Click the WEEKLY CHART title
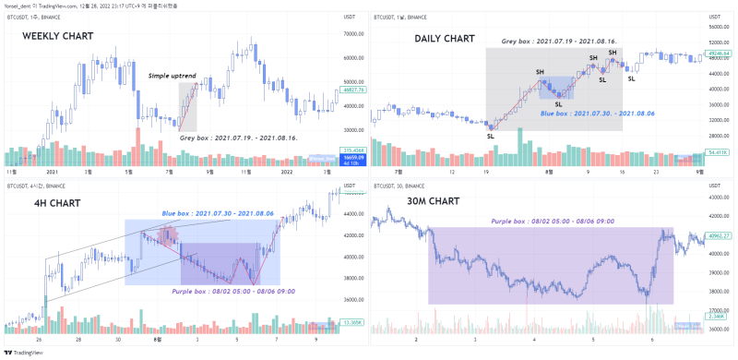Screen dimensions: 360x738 (x=58, y=35)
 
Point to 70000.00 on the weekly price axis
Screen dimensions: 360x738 (x=350, y=34)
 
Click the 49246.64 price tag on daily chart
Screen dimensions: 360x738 (x=717, y=54)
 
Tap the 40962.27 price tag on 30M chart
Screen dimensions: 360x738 (x=717, y=236)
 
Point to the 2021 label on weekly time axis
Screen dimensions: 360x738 (x=52, y=172)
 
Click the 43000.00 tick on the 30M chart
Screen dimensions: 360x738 (x=717, y=198)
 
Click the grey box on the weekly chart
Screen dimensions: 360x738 (x=187, y=106)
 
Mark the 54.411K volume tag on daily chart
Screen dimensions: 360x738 (x=717, y=150)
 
